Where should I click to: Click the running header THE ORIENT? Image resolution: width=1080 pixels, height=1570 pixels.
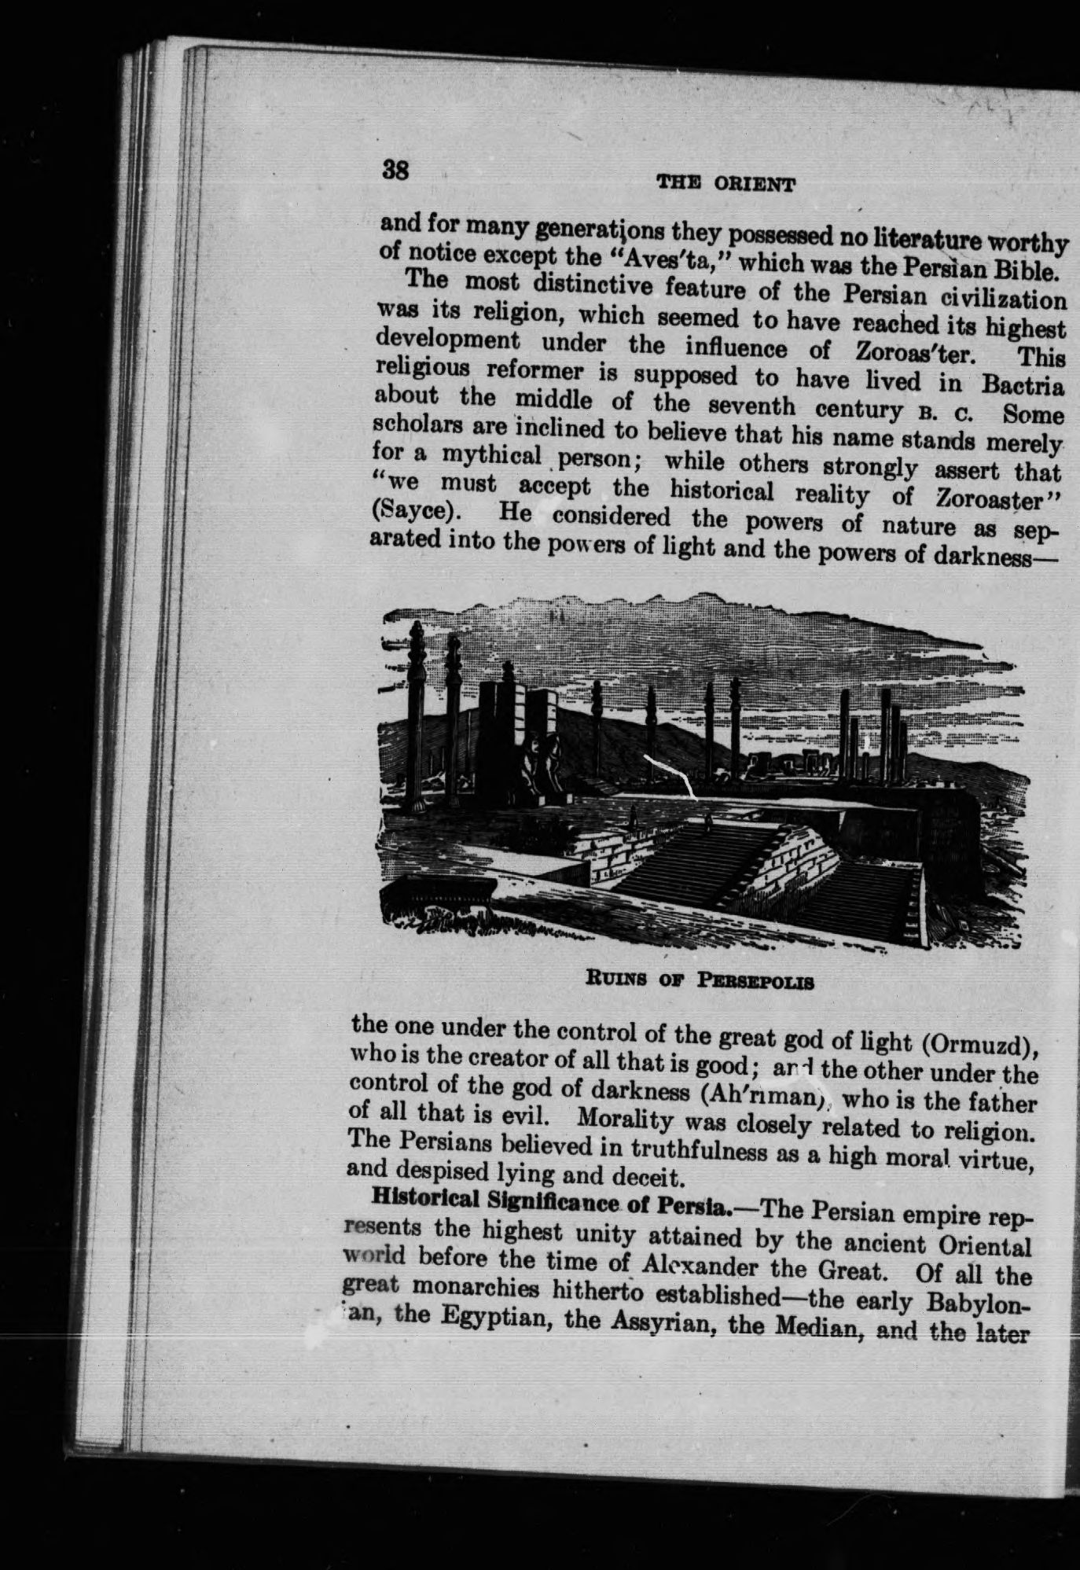[725, 185]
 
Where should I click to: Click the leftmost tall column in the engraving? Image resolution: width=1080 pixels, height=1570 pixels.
[417, 723]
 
